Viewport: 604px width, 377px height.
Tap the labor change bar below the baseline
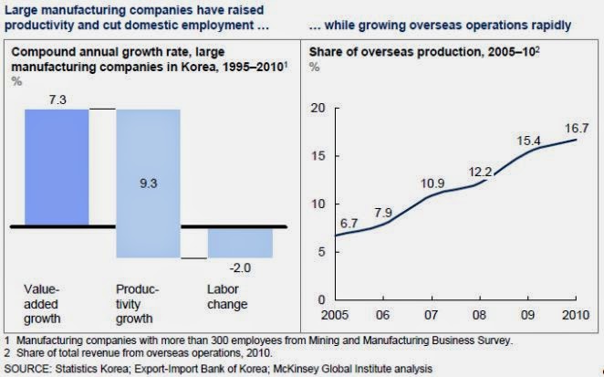(x=240, y=243)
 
